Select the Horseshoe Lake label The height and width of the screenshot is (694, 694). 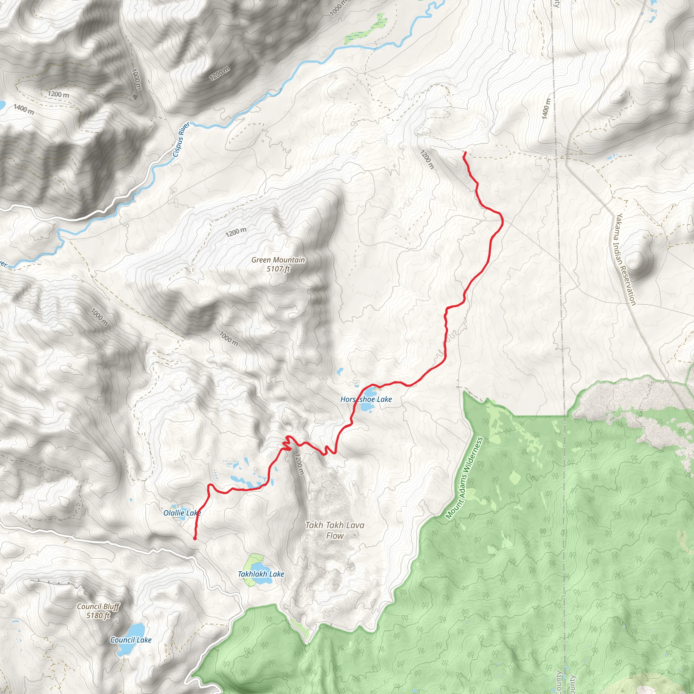pos(366,399)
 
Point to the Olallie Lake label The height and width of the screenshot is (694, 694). pos(182,513)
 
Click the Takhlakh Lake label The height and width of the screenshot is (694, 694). pos(261,574)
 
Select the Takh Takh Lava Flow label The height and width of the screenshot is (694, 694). pos(334,530)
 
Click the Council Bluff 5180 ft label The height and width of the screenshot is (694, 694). pos(98,611)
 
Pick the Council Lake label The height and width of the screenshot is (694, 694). pos(131,640)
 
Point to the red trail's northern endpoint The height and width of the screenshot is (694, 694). pos(465,153)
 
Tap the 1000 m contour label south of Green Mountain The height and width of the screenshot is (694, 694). pos(229,339)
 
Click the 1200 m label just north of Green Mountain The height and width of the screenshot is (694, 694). pos(236,232)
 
